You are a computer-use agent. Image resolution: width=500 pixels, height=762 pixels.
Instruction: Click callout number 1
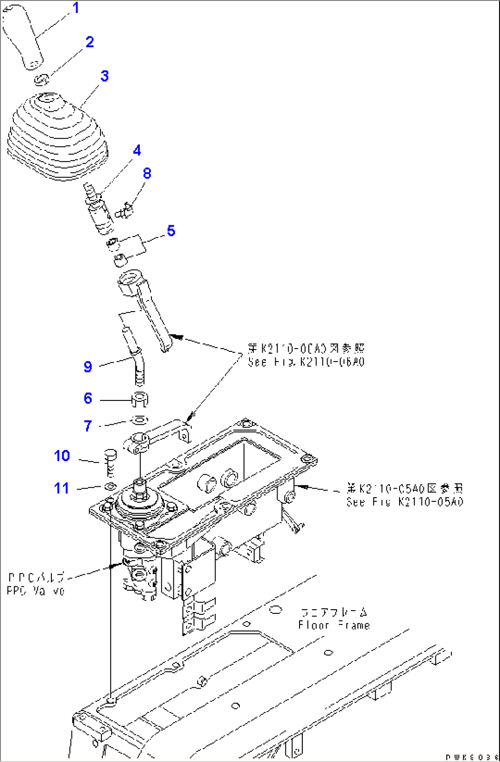pos(76,8)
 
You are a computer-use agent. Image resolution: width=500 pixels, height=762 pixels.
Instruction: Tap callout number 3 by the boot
pos(105,76)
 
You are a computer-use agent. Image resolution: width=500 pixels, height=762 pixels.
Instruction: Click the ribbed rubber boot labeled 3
pos(57,138)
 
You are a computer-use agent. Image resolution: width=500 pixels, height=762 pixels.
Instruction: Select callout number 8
pos(147,173)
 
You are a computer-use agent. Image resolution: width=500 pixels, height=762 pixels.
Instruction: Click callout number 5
pos(171,230)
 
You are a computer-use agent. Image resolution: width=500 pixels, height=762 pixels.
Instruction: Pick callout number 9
pos(88,366)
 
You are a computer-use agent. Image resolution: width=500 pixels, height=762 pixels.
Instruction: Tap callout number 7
pos(88,426)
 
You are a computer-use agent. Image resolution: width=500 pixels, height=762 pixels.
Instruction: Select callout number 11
pos(62,488)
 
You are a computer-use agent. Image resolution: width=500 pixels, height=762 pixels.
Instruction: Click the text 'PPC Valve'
pos(36,590)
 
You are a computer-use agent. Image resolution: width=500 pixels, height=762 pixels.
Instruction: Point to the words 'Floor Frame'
pos(333,625)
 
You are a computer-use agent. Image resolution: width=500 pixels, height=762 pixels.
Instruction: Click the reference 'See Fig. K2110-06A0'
pos(306,362)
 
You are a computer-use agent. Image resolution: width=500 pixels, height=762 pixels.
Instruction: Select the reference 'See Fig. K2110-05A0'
pos(405,501)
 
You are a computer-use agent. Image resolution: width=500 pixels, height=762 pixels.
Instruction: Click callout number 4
pos(137,150)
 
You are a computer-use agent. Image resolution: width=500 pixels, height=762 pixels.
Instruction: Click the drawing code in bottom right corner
pos(471,757)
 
